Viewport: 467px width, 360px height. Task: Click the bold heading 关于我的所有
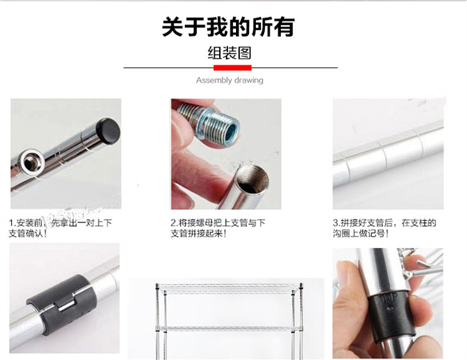point(229,27)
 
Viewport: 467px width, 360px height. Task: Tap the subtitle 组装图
point(229,53)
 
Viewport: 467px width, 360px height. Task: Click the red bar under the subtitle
point(233,68)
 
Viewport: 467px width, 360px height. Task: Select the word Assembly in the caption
point(214,80)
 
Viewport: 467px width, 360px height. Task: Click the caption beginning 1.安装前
point(60,228)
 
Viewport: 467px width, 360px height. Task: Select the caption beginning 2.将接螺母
point(218,228)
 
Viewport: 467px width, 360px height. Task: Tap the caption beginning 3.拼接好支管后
point(384,228)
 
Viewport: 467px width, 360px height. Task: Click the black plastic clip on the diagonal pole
point(62,304)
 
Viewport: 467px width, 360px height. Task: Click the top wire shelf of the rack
point(229,288)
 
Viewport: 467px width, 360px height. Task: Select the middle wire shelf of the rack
point(229,328)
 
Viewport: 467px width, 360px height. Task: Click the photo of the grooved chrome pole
point(388,154)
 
